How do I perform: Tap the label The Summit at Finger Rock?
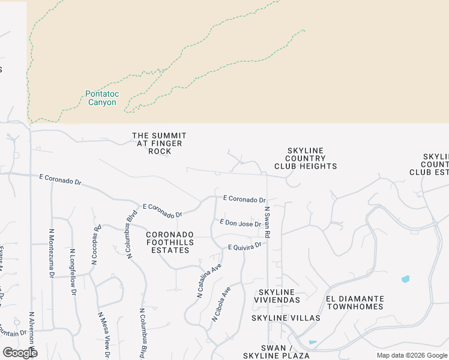point(159,143)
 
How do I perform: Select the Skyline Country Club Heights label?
point(306,158)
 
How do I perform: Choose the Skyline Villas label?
point(277,317)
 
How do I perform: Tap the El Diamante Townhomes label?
point(354,302)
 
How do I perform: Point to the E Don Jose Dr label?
point(240,223)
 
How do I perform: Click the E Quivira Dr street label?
point(245,246)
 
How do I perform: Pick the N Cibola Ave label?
point(221,304)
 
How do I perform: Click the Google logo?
point(20,353)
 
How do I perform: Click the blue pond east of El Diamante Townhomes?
point(405,279)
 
